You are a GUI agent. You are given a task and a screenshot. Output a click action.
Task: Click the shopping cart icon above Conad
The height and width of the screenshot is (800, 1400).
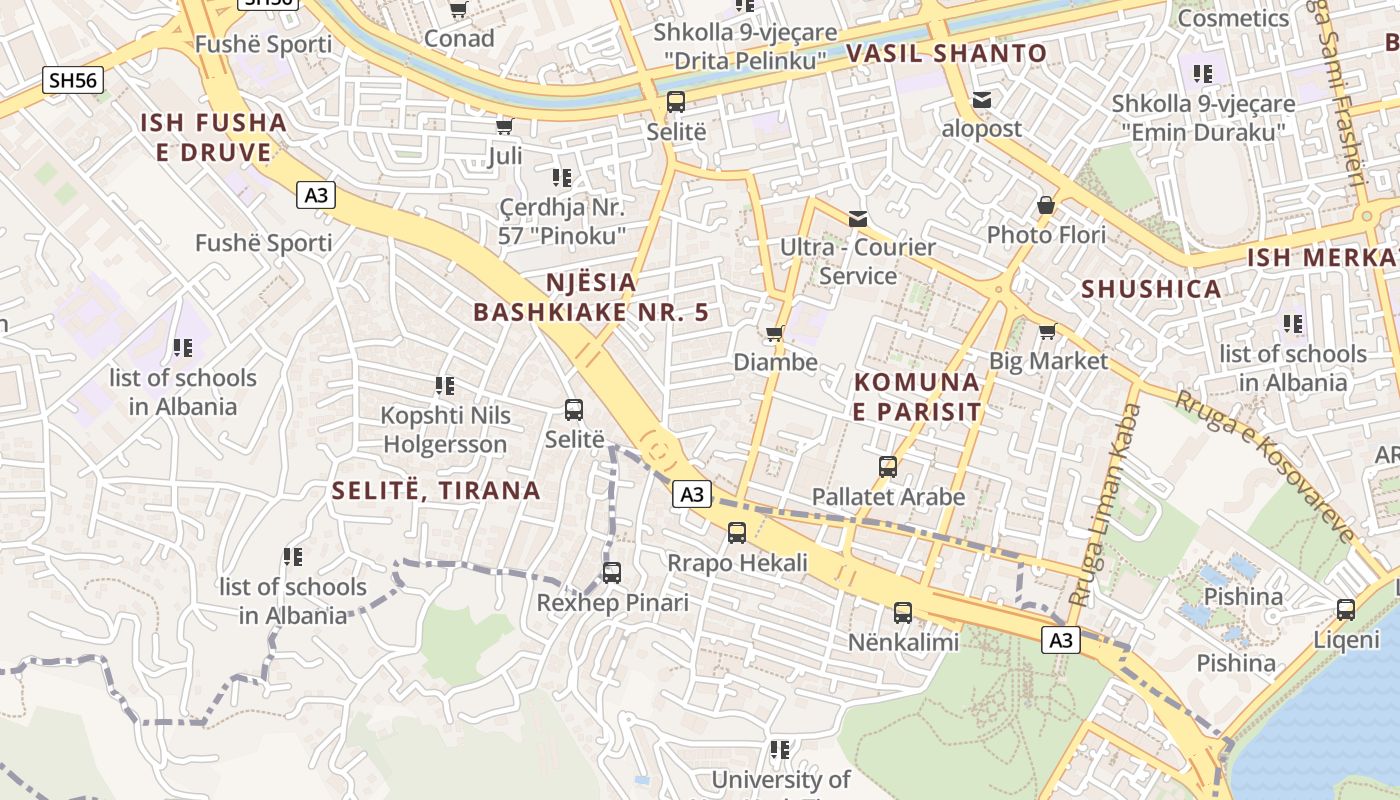click(x=458, y=10)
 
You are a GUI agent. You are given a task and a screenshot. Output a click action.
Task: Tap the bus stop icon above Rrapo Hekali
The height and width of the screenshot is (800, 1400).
click(x=737, y=533)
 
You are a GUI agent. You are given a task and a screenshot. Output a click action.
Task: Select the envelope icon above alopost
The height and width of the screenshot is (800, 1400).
click(x=981, y=100)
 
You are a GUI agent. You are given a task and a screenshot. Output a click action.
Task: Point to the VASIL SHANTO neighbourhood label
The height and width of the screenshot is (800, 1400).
click(x=946, y=54)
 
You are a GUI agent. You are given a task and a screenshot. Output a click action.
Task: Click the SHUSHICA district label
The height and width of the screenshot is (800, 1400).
click(x=1151, y=289)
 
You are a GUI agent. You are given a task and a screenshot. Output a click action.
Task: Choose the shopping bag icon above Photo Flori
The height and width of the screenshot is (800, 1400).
click(x=1046, y=206)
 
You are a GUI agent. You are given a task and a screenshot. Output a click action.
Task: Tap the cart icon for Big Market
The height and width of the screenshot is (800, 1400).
click(x=1047, y=331)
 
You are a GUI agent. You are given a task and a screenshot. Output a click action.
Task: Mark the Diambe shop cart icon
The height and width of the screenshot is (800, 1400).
click(x=774, y=333)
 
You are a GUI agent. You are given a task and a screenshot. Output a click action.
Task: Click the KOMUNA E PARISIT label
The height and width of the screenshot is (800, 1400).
click(x=917, y=396)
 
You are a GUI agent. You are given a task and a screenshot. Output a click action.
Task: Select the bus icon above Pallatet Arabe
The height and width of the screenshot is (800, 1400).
click(x=887, y=467)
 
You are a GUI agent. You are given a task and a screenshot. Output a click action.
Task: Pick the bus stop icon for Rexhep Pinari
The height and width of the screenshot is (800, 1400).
click(x=612, y=573)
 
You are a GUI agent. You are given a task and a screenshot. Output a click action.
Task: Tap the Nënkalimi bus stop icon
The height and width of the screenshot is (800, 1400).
click(x=903, y=613)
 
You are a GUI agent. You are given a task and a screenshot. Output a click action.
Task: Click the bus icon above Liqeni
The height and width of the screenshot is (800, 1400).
click(x=1346, y=609)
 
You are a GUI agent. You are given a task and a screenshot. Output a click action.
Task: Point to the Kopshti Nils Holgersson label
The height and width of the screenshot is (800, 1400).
click(x=445, y=429)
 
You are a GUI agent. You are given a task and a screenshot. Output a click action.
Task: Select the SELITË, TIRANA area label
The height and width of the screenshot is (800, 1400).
click(x=436, y=491)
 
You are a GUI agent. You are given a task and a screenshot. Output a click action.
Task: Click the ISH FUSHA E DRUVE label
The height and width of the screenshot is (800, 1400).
click(x=213, y=138)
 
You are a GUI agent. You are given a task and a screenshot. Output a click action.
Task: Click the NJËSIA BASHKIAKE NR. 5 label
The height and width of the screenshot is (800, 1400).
click(x=591, y=297)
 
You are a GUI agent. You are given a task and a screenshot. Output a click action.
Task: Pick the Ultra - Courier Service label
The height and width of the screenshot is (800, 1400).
click(x=857, y=261)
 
